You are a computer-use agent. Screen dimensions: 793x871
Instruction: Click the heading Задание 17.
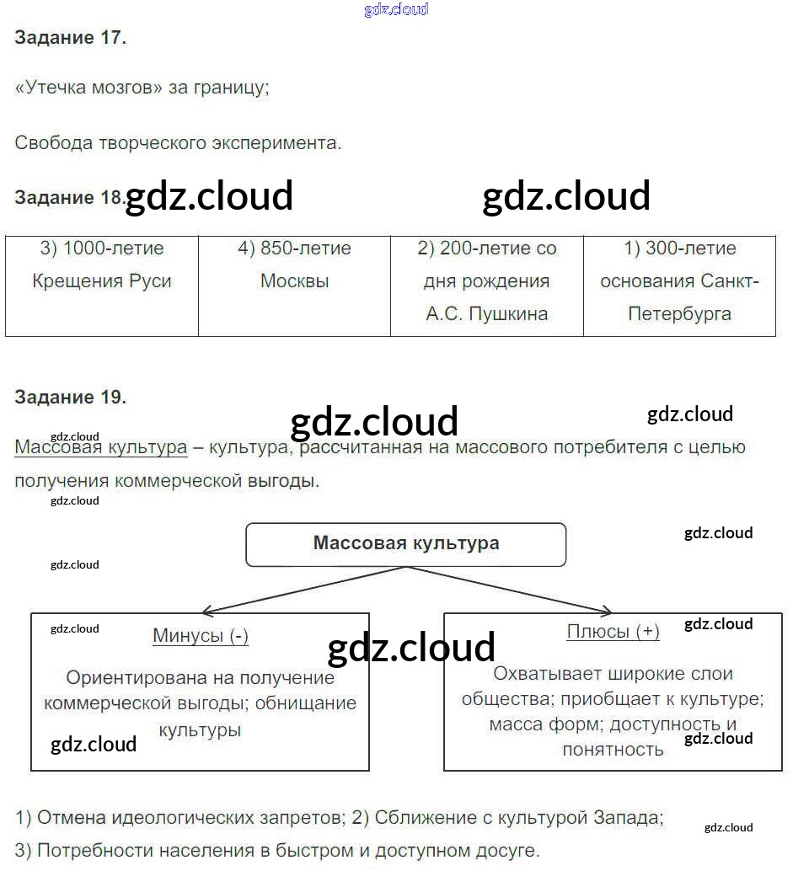click(70, 38)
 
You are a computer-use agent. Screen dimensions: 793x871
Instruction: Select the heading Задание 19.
click(70, 398)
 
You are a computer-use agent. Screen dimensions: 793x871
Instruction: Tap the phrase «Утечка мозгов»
click(88, 88)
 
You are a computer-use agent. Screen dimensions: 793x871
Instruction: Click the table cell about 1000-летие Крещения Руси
click(102, 286)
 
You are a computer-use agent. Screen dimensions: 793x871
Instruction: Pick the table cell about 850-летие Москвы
click(294, 286)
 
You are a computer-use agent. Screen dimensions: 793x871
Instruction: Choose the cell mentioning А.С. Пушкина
click(487, 286)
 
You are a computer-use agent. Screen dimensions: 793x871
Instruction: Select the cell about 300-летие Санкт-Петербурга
click(679, 286)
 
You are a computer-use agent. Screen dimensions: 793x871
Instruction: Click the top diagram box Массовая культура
click(406, 544)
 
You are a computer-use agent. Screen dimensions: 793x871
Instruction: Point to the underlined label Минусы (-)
click(201, 636)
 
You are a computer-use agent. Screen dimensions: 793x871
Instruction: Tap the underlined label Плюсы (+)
click(613, 632)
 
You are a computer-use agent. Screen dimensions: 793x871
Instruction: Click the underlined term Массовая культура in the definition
click(101, 447)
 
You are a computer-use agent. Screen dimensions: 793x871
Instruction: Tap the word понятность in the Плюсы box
click(613, 749)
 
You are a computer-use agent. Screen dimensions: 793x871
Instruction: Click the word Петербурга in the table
click(679, 314)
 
